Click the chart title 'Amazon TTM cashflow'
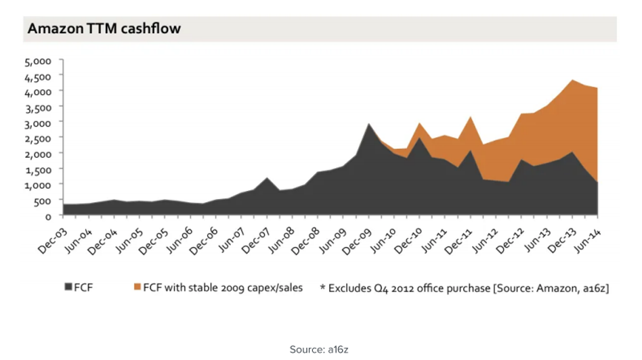104,29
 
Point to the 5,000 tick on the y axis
39,61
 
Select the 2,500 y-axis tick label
39,138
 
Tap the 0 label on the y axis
49,216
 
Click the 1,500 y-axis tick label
39,169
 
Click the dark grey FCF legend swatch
68,288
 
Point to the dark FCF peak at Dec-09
368,124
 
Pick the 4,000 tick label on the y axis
39,91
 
